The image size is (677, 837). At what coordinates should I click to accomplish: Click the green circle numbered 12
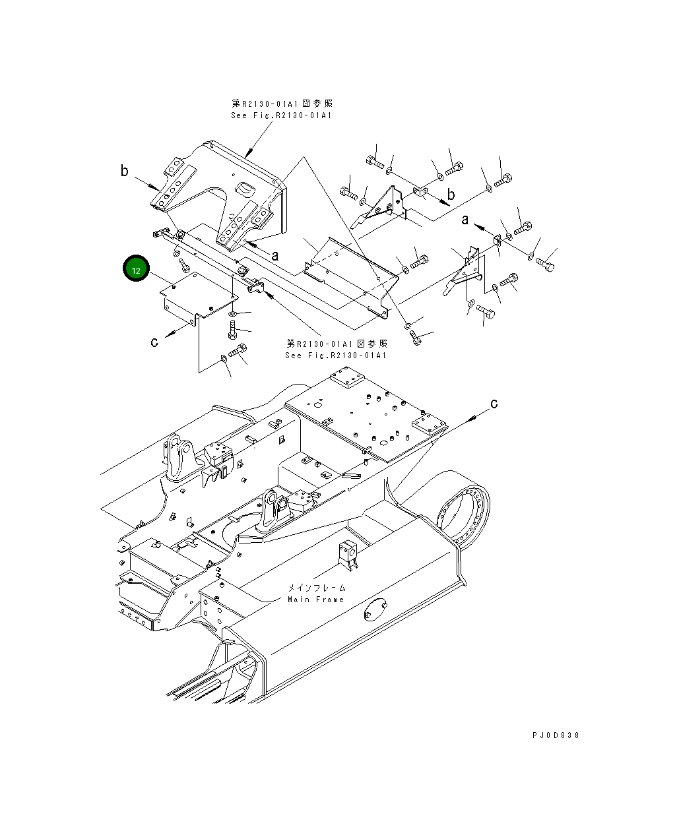pos(136,270)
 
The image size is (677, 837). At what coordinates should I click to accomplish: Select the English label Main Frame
pos(315,600)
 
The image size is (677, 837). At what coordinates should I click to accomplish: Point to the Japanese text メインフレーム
pos(316,588)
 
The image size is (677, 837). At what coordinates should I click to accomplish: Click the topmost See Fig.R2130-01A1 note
pos(281,115)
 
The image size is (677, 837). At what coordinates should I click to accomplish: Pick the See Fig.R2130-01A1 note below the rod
pos(336,356)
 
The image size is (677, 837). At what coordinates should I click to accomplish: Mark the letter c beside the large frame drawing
pos(493,403)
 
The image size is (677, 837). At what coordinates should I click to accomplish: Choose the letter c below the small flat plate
pos(154,341)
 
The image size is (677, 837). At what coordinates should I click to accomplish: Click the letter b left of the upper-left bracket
pos(125,171)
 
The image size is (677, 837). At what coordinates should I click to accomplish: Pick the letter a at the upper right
pos(465,220)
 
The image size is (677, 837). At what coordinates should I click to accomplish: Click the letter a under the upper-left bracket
pos(275,255)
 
